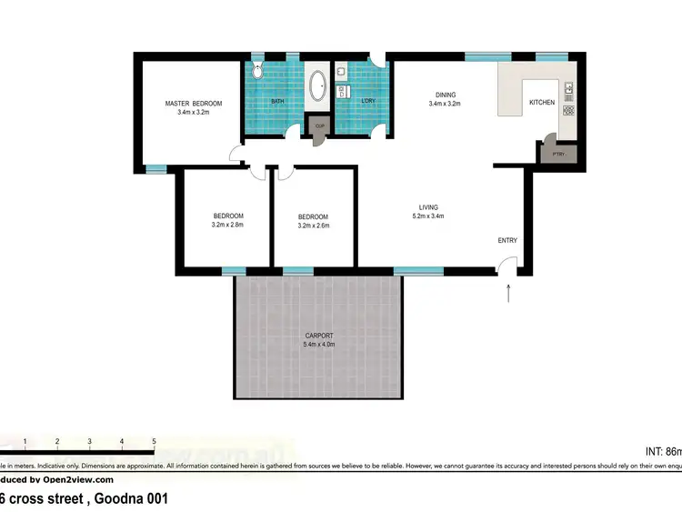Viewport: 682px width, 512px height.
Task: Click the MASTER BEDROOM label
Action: tap(193, 104)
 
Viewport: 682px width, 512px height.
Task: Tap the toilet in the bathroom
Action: tap(257, 69)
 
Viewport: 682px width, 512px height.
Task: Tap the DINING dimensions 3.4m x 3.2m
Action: tap(445, 104)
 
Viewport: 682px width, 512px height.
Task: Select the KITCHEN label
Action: tap(542, 103)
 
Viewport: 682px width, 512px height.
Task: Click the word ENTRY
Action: tap(507, 240)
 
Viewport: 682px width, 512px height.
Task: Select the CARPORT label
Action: tap(319, 336)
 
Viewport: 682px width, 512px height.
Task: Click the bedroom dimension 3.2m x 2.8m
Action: tap(227, 225)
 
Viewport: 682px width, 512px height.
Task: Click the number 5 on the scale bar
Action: tap(154, 441)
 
